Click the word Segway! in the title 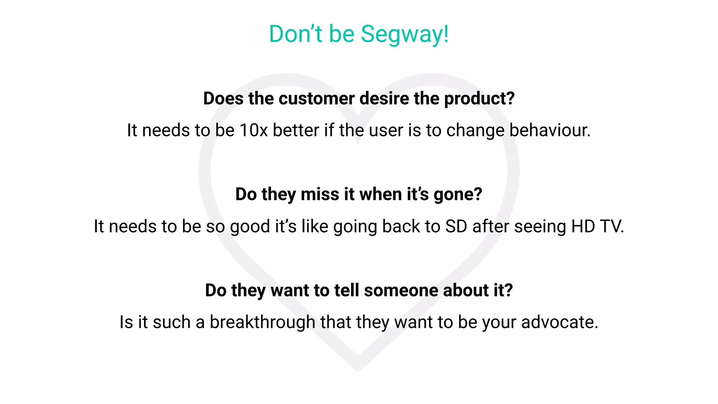(x=405, y=34)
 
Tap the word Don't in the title (x=295, y=34)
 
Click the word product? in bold (x=479, y=99)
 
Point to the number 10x (x=253, y=130)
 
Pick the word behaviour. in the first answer (x=550, y=130)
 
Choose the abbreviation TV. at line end (x=612, y=227)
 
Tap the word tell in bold (x=347, y=290)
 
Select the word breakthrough (x=262, y=322)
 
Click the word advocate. (x=560, y=322)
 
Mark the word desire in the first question (x=384, y=99)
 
